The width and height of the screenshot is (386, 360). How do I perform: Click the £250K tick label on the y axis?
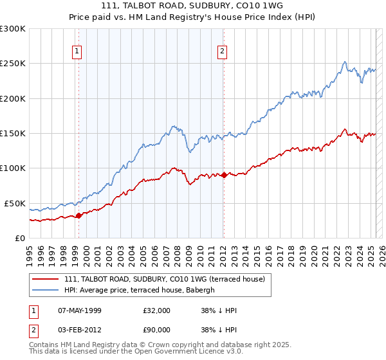click(13, 64)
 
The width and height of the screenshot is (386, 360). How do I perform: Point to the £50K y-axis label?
click(15, 203)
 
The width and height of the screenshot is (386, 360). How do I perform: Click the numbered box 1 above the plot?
click(77, 52)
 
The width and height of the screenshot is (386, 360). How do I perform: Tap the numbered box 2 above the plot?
click(222, 52)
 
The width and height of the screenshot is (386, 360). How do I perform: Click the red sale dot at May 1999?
click(79, 215)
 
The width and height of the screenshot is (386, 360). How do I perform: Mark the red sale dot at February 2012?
click(224, 175)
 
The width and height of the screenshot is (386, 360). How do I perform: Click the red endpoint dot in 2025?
click(375, 134)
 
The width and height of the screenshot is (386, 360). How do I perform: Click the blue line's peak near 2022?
click(345, 62)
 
